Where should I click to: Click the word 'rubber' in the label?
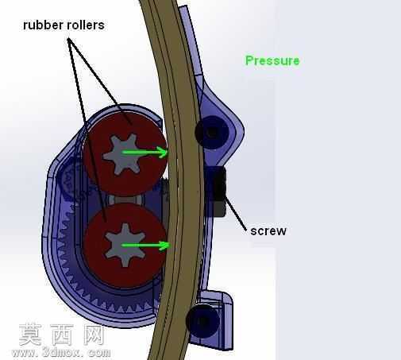click(44, 25)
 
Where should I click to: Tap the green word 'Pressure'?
click(272, 60)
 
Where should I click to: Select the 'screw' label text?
click(268, 231)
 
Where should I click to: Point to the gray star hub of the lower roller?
click(125, 245)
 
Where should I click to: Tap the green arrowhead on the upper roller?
click(162, 152)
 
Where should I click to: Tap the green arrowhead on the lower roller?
click(164, 246)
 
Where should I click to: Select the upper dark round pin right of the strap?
click(212, 132)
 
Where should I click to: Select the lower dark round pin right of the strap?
click(202, 321)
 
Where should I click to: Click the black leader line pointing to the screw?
click(235, 213)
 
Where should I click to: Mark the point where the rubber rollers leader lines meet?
click(69, 39)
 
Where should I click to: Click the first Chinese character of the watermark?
click(29, 335)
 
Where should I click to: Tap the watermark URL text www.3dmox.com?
click(61, 353)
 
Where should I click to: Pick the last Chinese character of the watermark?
click(94, 335)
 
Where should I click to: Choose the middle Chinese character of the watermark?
click(61, 335)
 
